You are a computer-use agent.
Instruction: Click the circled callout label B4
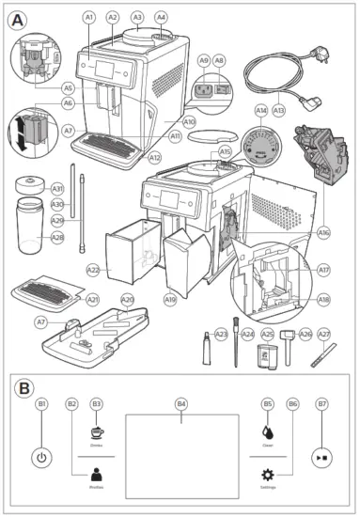click(x=181, y=403)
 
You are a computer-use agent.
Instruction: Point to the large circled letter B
click(x=17, y=385)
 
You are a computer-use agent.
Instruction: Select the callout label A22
click(x=93, y=270)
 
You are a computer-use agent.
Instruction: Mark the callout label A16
click(x=323, y=231)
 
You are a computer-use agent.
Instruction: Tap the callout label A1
click(x=89, y=17)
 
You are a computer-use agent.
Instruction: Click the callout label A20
click(x=127, y=299)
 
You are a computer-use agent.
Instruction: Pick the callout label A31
click(x=57, y=188)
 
